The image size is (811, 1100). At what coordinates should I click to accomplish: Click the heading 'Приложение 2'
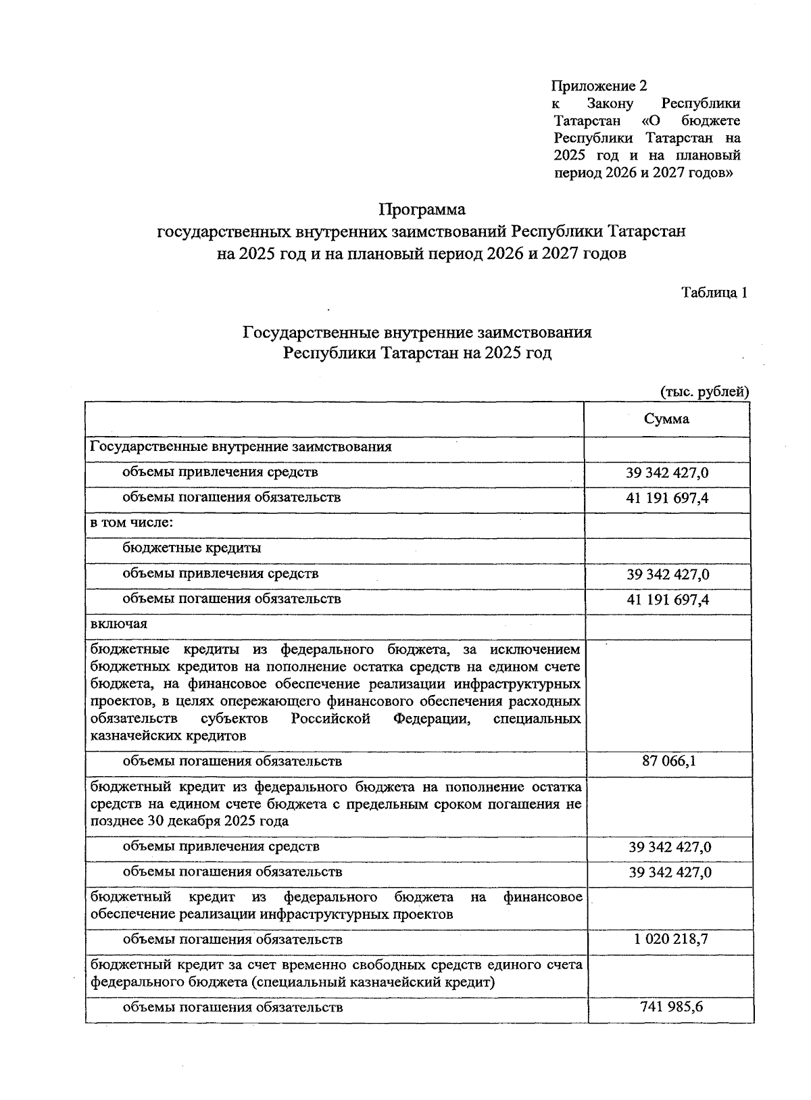coord(599,86)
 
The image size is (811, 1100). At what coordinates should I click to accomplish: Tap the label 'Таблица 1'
coord(714,293)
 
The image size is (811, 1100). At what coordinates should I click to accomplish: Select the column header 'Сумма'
coord(666,419)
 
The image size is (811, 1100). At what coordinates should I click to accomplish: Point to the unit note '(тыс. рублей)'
coord(704,391)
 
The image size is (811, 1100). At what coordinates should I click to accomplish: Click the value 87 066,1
coord(669,762)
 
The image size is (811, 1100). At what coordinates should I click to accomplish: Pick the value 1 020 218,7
coord(670,938)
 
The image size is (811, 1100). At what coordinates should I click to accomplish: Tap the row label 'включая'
coord(118,623)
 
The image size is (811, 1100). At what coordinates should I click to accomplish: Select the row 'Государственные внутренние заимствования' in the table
coord(241,447)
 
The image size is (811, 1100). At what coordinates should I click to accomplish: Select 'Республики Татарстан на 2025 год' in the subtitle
coord(417,353)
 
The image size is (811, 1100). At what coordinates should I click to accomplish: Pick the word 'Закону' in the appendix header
coord(610,103)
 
